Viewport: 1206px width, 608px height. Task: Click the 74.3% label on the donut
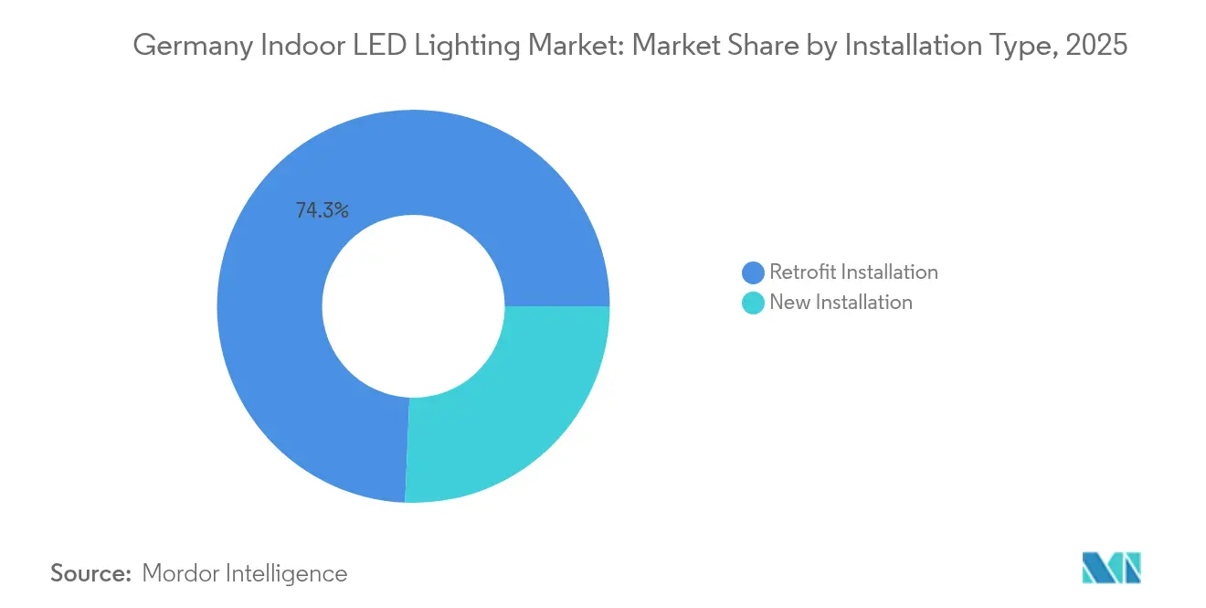(322, 210)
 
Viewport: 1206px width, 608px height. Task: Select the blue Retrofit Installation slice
(274, 366)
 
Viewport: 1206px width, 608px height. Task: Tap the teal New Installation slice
(512, 402)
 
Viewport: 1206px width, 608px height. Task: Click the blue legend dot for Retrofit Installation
(753, 272)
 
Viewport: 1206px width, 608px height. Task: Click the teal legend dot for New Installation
(753, 303)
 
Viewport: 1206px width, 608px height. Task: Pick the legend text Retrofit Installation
(853, 272)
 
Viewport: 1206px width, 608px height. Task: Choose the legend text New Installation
(841, 303)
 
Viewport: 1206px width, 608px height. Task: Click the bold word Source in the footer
(90, 573)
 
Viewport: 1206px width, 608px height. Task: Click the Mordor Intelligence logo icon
(1111, 568)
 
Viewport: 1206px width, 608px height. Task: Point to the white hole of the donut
(413, 306)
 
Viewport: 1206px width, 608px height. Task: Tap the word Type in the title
(1010, 46)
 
